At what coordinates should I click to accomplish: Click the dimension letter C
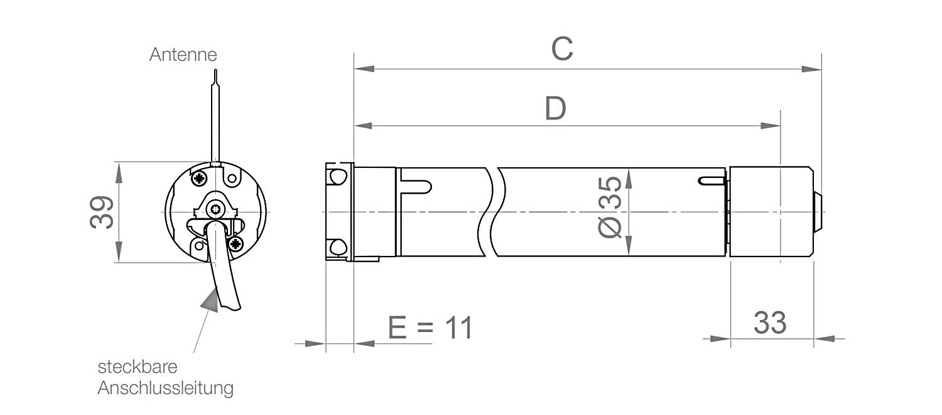562,49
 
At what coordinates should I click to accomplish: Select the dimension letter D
556,108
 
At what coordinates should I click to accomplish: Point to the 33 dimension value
769,323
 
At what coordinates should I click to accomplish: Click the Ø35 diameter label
610,207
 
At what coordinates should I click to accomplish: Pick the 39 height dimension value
102,213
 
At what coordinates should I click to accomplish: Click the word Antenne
183,55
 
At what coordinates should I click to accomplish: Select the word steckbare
138,367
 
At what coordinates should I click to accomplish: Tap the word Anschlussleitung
165,388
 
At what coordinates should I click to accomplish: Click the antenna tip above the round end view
216,70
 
